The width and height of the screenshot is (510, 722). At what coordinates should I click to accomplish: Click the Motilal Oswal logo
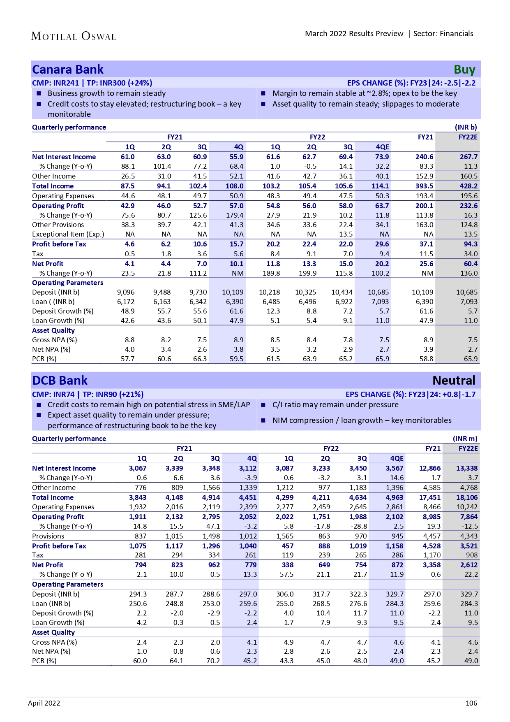[74, 36]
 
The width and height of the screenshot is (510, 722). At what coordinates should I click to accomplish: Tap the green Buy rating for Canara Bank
[464, 70]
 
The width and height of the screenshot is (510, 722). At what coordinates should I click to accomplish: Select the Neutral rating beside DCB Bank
[454, 381]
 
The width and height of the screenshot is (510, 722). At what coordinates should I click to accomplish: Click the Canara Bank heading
[68, 70]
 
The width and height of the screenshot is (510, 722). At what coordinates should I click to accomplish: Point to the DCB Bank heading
[60, 381]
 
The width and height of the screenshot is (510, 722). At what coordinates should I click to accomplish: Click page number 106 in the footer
[471, 703]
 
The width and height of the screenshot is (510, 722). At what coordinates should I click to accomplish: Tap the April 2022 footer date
[44, 703]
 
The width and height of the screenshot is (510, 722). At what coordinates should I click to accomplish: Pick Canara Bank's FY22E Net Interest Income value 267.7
[468, 157]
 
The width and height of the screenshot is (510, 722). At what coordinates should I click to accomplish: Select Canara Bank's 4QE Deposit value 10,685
[378, 292]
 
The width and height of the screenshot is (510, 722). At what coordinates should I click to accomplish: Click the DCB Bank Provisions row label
[48, 536]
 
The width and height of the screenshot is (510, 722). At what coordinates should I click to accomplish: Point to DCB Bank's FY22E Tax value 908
[472, 555]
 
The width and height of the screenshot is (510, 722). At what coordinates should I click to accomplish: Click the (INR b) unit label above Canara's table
[466, 127]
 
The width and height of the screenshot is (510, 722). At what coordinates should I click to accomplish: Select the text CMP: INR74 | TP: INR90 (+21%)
[88, 394]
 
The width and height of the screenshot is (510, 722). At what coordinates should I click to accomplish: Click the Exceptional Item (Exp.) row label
[68, 234]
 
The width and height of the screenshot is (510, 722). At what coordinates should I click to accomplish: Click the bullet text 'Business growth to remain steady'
[107, 93]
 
